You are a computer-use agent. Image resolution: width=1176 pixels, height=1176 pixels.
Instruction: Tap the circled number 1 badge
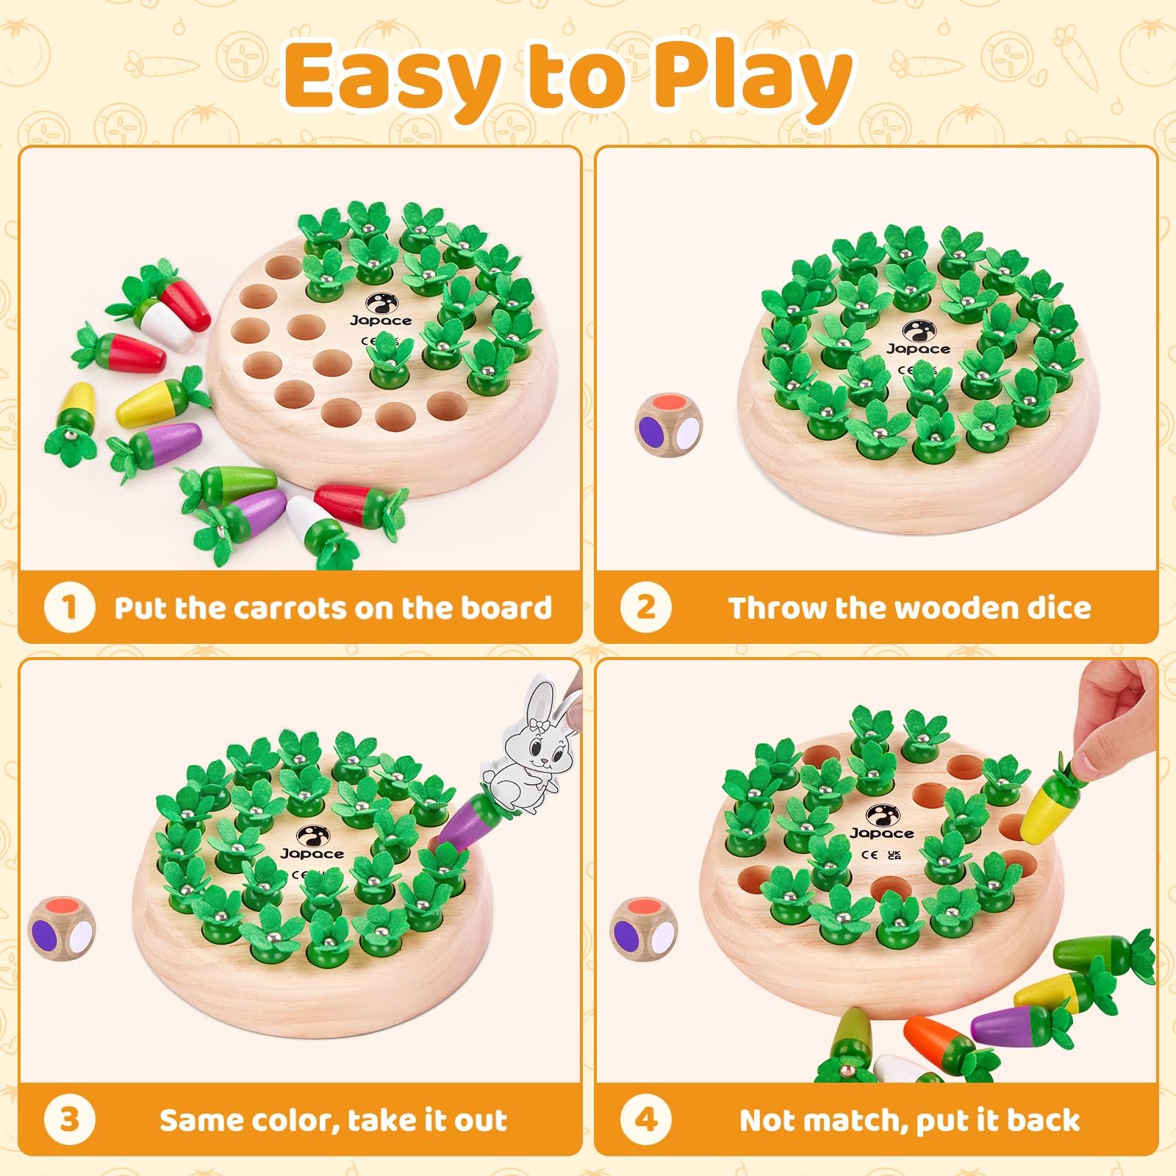[x=69, y=607]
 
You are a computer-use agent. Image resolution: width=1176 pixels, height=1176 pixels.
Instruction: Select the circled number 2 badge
[x=645, y=607]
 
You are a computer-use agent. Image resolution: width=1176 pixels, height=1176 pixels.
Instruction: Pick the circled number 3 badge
[x=69, y=1119]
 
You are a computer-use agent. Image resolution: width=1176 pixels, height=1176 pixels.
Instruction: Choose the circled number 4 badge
[x=645, y=1119]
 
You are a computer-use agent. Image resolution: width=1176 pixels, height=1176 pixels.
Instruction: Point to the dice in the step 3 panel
[x=62, y=931]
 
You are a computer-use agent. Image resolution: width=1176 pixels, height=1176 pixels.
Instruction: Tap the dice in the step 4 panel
[x=645, y=932]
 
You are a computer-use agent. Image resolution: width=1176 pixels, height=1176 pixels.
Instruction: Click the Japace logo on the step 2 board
[x=917, y=339]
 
